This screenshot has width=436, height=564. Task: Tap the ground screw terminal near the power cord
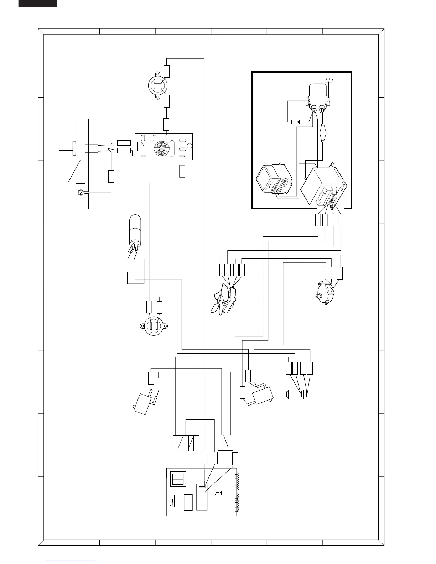click(x=81, y=193)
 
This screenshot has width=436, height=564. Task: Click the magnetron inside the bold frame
click(x=273, y=181)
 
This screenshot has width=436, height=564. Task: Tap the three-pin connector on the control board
click(x=217, y=493)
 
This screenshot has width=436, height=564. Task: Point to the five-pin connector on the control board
click(x=173, y=502)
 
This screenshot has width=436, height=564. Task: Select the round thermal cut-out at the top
click(x=158, y=86)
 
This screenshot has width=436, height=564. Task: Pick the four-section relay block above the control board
click(x=186, y=443)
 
